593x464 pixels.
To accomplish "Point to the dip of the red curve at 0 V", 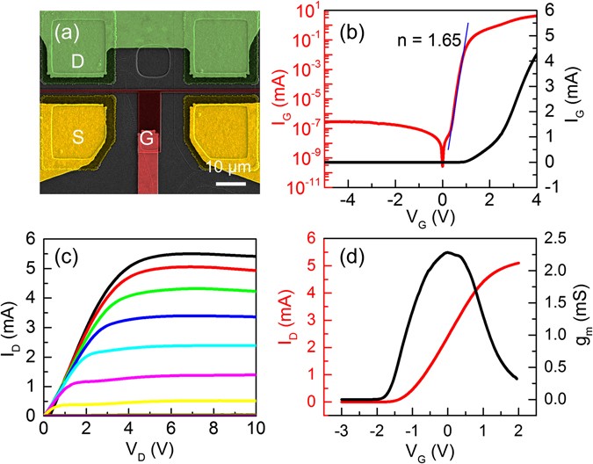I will tap(442, 163).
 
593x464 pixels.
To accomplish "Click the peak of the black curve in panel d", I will tap(448, 253).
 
